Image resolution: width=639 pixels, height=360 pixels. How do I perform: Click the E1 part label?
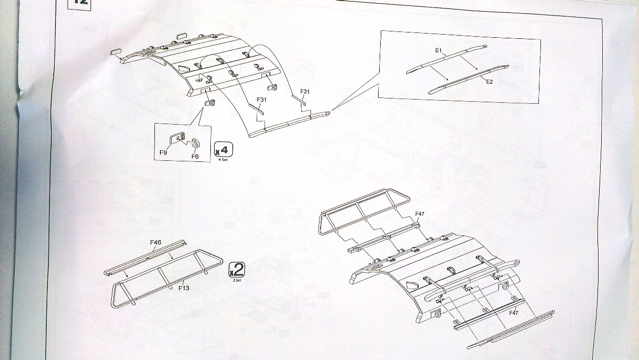tap(439, 50)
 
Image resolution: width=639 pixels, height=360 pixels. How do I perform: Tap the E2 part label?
tap(490, 81)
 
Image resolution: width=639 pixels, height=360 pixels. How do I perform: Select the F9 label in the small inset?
tap(163, 153)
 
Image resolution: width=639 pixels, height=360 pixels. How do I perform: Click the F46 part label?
tap(155, 242)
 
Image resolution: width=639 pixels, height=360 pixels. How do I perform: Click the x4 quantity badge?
tap(223, 150)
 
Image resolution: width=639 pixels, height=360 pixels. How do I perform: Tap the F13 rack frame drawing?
tap(165, 277)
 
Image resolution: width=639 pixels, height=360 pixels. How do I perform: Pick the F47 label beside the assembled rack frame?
tap(421, 214)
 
